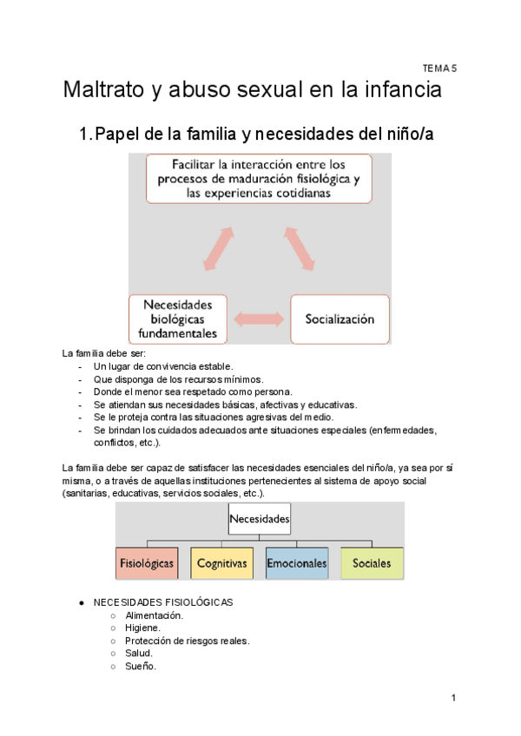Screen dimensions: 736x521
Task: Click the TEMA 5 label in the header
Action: click(439, 67)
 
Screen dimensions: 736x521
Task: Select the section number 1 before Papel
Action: click(84, 135)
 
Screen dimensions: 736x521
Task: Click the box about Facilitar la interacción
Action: click(258, 178)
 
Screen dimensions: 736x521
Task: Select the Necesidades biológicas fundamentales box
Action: click(177, 319)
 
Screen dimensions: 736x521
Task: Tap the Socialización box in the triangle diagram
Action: click(339, 319)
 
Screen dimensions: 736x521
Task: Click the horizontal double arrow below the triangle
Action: click(258, 319)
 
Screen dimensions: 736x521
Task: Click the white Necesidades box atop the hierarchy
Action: click(259, 520)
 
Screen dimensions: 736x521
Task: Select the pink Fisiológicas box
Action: click(147, 563)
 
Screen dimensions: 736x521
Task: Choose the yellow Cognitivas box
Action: click(221, 563)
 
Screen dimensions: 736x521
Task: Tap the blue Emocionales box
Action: click(297, 563)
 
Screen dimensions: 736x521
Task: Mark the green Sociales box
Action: click(372, 563)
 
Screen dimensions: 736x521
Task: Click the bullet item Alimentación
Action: click(155, 615)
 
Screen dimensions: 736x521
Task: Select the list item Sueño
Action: click(141, 667)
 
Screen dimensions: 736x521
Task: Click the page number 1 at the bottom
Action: click(453, 698)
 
